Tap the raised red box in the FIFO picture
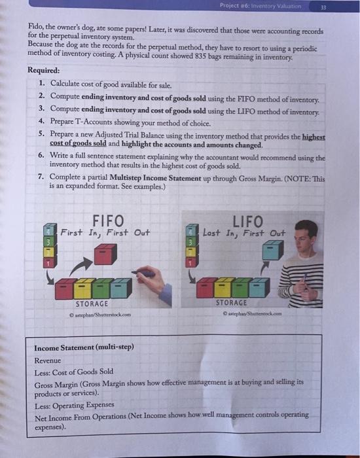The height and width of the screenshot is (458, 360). click(105, 253)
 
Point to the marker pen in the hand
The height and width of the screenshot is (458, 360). click(145, 273)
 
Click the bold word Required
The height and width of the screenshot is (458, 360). click(43, 70)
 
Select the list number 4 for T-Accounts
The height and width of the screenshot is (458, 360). click(41, 122)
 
